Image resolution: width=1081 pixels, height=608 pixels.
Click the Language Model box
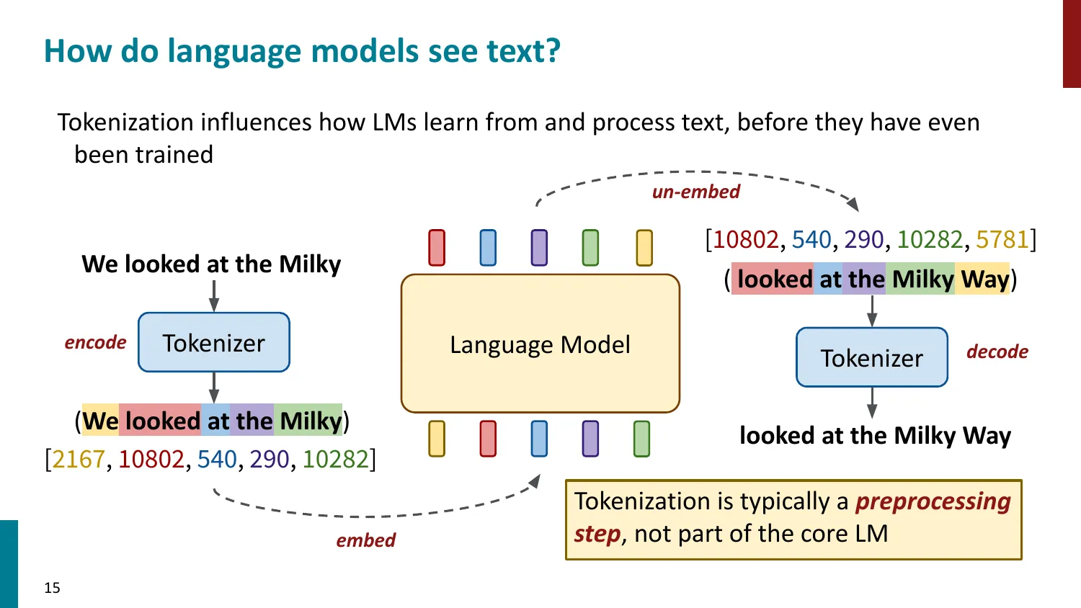(540, 344)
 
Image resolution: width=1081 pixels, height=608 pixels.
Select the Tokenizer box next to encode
(213, 343)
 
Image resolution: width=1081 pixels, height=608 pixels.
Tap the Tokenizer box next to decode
(871, 358)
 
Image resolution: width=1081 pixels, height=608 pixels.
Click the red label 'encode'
(95, 343)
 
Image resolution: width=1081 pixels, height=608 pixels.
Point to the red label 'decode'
(997, 352)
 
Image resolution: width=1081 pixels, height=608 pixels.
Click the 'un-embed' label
(695, 192)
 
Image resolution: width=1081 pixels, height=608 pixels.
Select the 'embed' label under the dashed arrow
(365, 540)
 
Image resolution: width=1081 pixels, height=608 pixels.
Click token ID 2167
(79, 459)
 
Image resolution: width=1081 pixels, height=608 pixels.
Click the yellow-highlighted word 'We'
(100, 421)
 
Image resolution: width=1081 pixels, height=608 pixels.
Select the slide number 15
(52, 588)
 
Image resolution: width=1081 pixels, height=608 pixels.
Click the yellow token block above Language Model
(644, 248)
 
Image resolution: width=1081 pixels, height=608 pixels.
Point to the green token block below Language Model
(641, 439)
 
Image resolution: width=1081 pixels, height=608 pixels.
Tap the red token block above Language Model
(437, 248)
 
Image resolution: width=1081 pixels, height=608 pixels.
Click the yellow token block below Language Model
(437, 439)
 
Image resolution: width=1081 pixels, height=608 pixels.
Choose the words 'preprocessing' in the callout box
(933, 501)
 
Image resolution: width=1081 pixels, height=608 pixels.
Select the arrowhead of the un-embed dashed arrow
(853, 204)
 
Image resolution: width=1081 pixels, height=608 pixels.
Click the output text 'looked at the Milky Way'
(875, 436)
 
